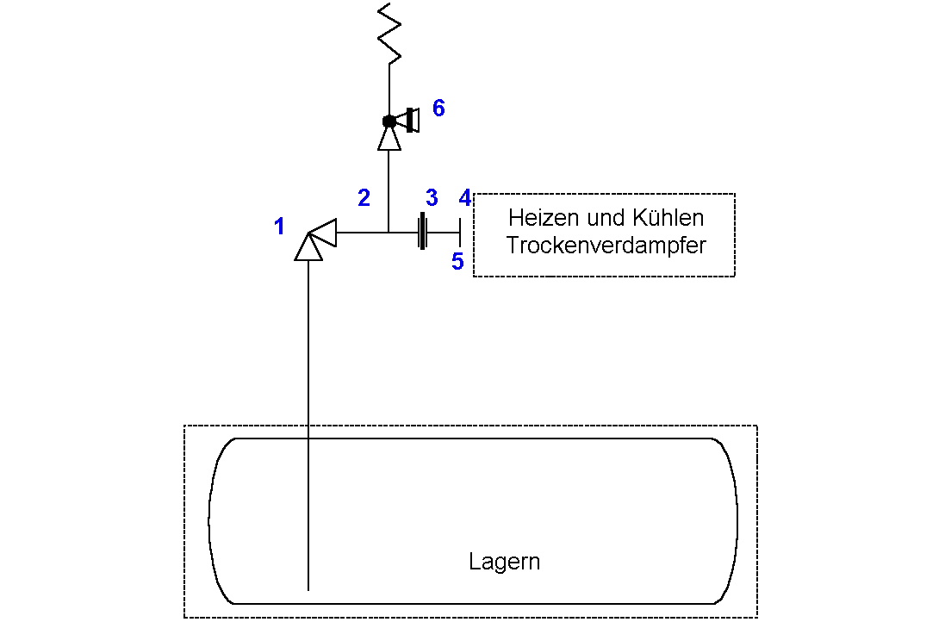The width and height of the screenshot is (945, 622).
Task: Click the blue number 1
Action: [279, 227]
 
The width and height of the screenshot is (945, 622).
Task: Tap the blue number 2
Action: [364, 197]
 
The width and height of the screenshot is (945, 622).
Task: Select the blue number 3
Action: [432, 197]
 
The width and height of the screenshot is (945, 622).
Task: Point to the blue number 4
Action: [464, 197]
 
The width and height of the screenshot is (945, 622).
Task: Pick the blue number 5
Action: [457, 262]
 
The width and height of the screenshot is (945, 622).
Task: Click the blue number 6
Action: [438, 109]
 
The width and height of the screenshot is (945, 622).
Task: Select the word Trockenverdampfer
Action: [606, 246]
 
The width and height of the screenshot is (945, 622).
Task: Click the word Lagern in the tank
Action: [505, 562]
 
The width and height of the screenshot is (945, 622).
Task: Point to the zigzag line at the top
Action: [389, 33]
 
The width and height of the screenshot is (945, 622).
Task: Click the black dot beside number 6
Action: [389, 121]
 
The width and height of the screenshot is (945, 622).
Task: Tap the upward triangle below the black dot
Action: [389, 139]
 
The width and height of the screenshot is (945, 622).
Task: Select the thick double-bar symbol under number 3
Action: [423, 231]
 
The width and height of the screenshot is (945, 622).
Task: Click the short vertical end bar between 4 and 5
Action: [460, 233]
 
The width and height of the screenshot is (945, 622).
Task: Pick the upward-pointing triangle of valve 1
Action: [308, 247]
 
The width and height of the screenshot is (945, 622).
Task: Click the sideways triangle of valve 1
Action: [323, 233]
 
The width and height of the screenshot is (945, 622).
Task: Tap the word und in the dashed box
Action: [606, 218]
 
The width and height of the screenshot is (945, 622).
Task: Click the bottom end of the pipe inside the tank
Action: [308, 590]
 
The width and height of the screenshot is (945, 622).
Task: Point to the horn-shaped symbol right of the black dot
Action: [408, 121]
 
